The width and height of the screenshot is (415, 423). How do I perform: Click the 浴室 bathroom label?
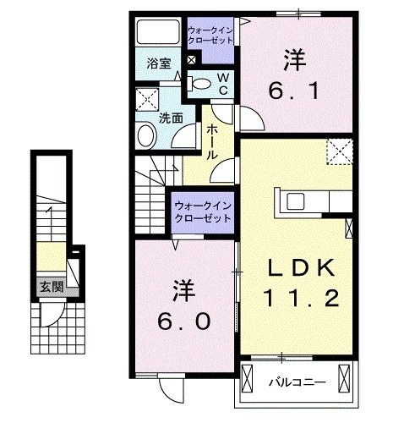coord(159,63)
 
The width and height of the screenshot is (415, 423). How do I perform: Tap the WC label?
coord(223,84)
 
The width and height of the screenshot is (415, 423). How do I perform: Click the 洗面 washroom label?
coord(171,118)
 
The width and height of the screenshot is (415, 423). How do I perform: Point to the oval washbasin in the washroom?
coord(146,136)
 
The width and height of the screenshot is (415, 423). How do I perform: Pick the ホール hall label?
coord(212,142)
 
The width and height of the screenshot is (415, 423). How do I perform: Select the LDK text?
coord(301,267)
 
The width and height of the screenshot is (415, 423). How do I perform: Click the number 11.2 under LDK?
coord(301,299)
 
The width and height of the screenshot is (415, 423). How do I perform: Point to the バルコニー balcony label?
coord(298,382)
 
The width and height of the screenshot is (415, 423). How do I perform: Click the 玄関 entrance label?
coord(52,287)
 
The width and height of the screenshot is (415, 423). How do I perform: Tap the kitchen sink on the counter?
coord(295,201)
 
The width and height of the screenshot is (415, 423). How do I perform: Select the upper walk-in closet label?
coord(210,36)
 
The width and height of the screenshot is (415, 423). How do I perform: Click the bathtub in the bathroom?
coord(158,31)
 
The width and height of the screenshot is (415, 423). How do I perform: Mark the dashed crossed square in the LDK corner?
coord(340,151)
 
